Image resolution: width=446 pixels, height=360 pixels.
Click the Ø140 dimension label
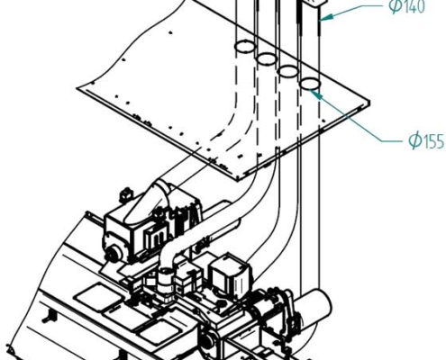[x=406, y=8]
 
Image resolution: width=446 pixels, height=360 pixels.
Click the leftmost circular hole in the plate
[x=243, y=46]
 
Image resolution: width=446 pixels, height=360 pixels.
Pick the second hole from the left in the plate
[x=266, y=59]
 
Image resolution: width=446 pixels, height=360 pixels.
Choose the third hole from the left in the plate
[x=287, y=72]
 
